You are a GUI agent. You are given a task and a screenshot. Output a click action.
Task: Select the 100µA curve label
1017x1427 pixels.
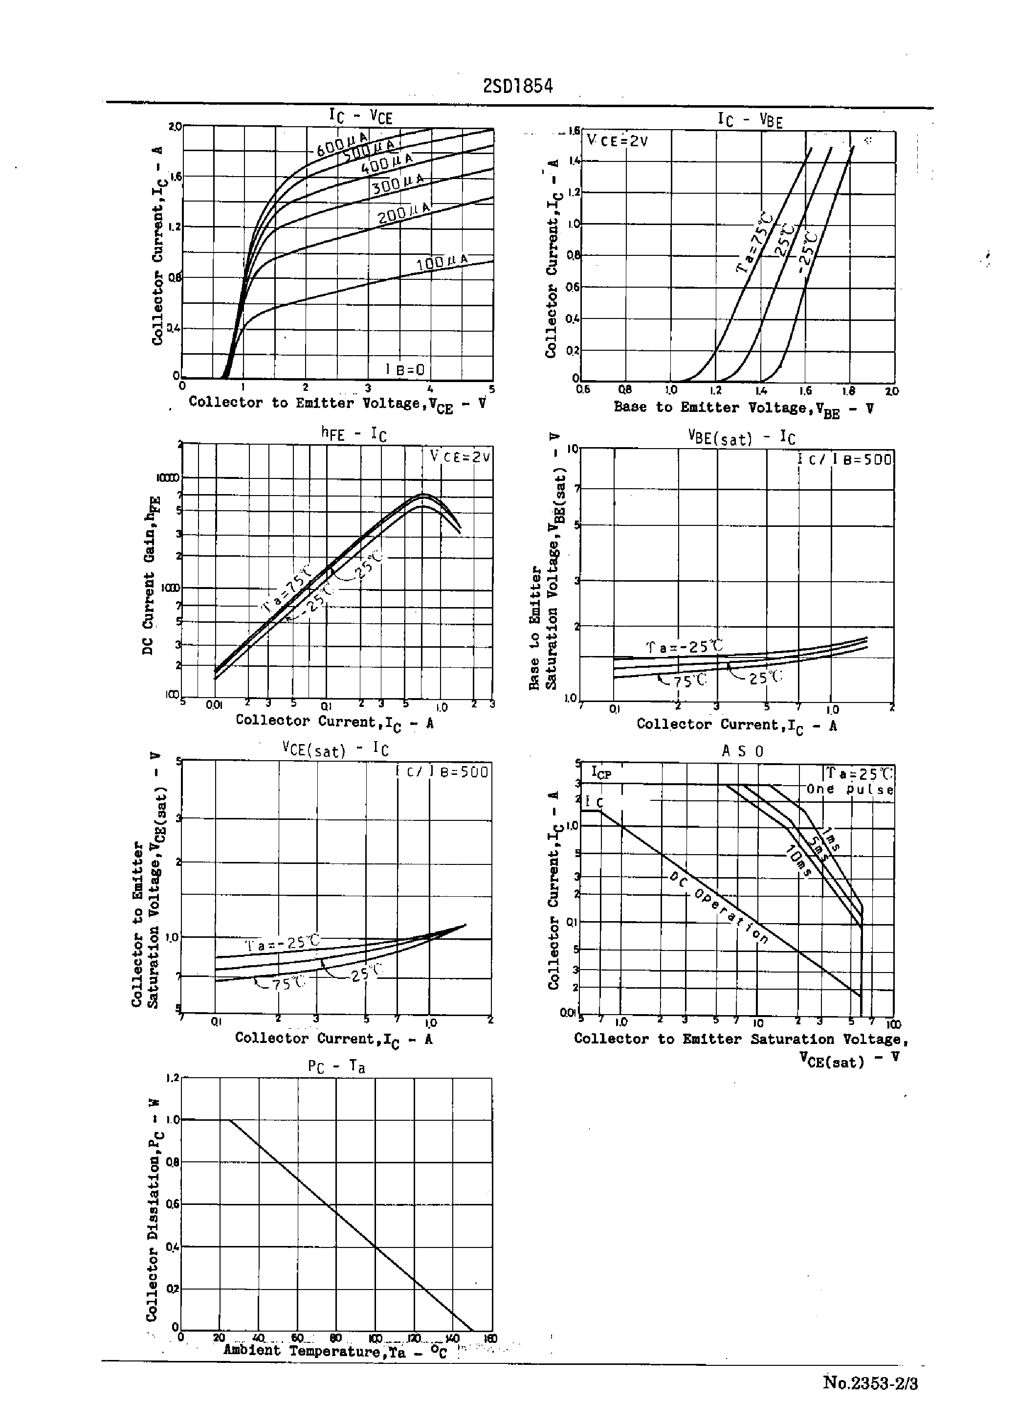(x=442, y=263)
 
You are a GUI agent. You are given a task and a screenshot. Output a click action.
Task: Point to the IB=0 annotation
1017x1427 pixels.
(x=406, y=369)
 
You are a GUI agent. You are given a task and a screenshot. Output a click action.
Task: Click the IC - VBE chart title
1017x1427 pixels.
(x=750, y=120)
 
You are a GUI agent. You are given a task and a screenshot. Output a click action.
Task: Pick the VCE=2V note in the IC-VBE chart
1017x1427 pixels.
(x=618, y=141)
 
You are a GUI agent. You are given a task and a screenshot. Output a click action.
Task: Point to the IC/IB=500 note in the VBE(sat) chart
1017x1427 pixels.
(x=845, y=459)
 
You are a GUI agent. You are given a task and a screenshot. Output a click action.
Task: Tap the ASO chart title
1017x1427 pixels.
(x=743, y=751)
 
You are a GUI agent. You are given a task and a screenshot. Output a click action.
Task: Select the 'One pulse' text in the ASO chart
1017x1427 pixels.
(x=850, y=789)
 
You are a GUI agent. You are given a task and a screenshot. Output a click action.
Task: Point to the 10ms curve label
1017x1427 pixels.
(x=798, y=861)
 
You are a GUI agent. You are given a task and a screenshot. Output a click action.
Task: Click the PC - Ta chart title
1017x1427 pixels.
(x=336, y=1067)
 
